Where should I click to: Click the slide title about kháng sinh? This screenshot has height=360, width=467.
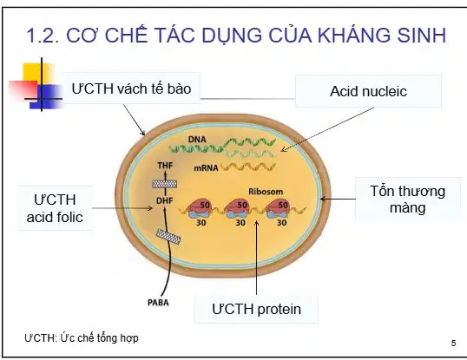tap(236, 35)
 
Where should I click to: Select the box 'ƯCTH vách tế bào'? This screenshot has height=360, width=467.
tap(131, 88)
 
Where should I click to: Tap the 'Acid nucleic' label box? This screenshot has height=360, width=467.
tap(368, 91)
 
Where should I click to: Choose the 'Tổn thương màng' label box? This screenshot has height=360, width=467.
tap(408, 200)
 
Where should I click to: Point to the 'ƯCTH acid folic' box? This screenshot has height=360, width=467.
tap(55, 208)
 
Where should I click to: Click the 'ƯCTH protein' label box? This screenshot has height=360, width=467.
tap(256, 309)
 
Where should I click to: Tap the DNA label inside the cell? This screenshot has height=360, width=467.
tap(197, 140)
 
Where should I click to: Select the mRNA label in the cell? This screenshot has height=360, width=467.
tap(206, 168)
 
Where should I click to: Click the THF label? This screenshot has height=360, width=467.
tap(165, 166)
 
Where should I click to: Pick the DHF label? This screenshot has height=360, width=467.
tap(165, 201)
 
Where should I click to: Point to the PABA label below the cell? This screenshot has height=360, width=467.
tap(158, 303)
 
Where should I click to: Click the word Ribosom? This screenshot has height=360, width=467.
tap(266, 192)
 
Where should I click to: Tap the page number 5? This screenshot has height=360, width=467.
tap(453, 344)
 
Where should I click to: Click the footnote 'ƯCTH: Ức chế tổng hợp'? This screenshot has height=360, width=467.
tap(82, 338)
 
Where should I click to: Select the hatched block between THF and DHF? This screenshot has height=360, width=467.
tap(165, 184)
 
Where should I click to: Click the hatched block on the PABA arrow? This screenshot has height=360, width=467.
tap(168, 237)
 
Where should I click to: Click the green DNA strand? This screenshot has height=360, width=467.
tap(222, 146)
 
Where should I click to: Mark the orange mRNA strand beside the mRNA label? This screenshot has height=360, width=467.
tap(247, 167)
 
